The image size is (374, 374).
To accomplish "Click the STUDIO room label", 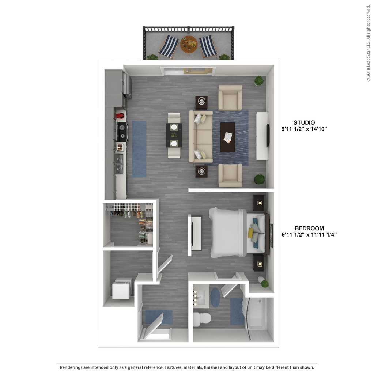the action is pos(304,122).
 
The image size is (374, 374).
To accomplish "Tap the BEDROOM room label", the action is pos(309,228).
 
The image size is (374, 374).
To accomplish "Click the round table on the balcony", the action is pos(189,44).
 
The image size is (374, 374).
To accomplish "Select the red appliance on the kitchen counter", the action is pos(120,116).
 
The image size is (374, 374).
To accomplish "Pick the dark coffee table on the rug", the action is pos(227,137).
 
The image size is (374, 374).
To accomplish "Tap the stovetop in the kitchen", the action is pos(122,132).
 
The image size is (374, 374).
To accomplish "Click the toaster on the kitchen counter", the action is pos(120,147).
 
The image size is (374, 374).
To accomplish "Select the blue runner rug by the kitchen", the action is pos(139,149).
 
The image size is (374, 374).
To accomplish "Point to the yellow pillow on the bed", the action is pos(250,233).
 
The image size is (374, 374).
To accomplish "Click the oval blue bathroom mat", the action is pos(215,297).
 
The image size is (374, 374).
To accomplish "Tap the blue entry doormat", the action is pos(159,317).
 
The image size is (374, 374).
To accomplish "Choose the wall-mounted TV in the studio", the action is pos(268,136).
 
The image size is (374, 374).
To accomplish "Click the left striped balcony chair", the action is pos(169,47).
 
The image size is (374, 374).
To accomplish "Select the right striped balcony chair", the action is pos(208,47).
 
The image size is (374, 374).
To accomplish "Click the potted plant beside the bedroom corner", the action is pos(265,284).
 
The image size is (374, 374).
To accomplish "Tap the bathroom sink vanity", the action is pos(201,296).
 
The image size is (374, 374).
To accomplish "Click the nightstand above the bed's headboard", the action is pos(259,203).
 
